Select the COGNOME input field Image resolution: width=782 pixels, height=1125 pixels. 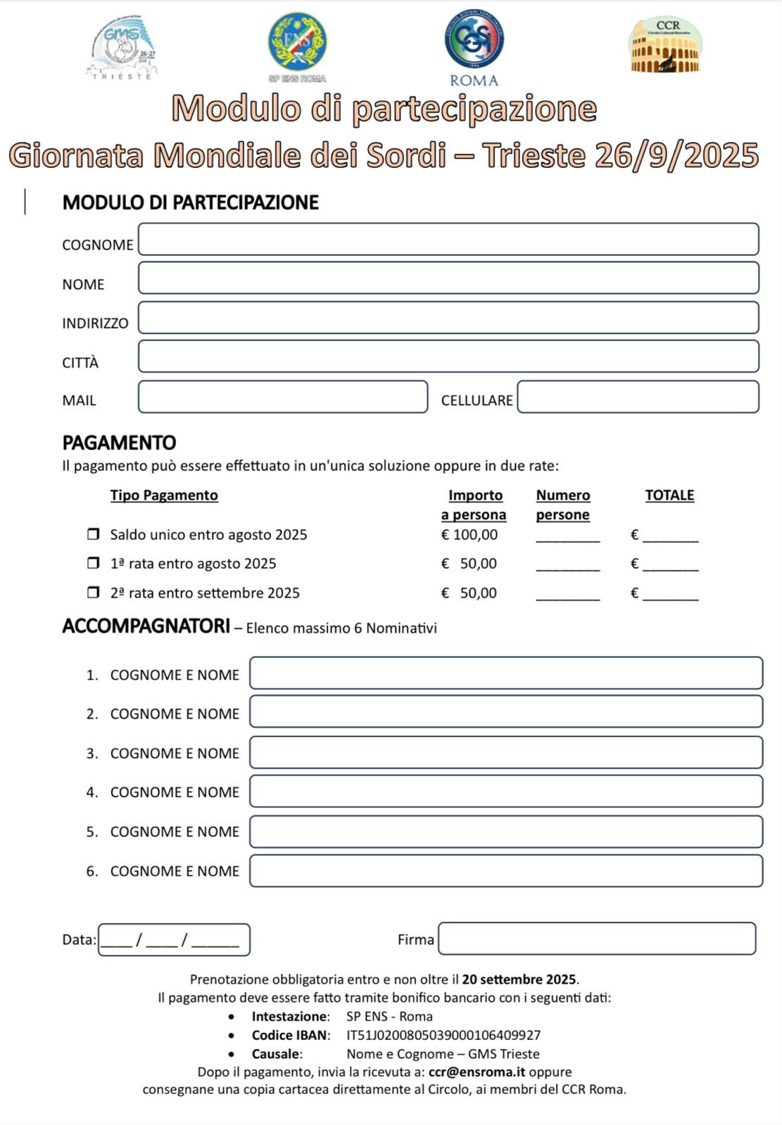(448, 239)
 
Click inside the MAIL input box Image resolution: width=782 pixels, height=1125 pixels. (283, 397)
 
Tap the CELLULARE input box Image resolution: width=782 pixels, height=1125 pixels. (638, 397)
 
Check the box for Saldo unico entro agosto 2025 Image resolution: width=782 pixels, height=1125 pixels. (93, 534)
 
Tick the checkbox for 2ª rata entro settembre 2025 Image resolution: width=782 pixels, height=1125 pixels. (93, 593)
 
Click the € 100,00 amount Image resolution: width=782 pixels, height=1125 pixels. (469, 535)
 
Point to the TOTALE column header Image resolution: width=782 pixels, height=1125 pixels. (669, 496)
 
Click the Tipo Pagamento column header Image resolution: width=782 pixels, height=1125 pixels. (164, 496)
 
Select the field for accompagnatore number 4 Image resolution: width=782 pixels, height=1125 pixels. (505, 792)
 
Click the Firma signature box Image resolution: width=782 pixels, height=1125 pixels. (597, 939)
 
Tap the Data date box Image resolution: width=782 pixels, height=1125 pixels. (173, 939)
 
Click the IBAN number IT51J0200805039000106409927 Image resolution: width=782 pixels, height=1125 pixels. (443, 1035)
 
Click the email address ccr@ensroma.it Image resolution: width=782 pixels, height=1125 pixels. (477, 1072)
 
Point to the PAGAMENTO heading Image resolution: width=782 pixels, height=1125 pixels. (119, 443)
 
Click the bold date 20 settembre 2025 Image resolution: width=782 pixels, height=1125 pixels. (519, 979)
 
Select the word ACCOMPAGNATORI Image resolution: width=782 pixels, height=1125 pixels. (146, 626)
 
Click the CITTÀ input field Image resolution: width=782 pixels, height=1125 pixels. (448, 356)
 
